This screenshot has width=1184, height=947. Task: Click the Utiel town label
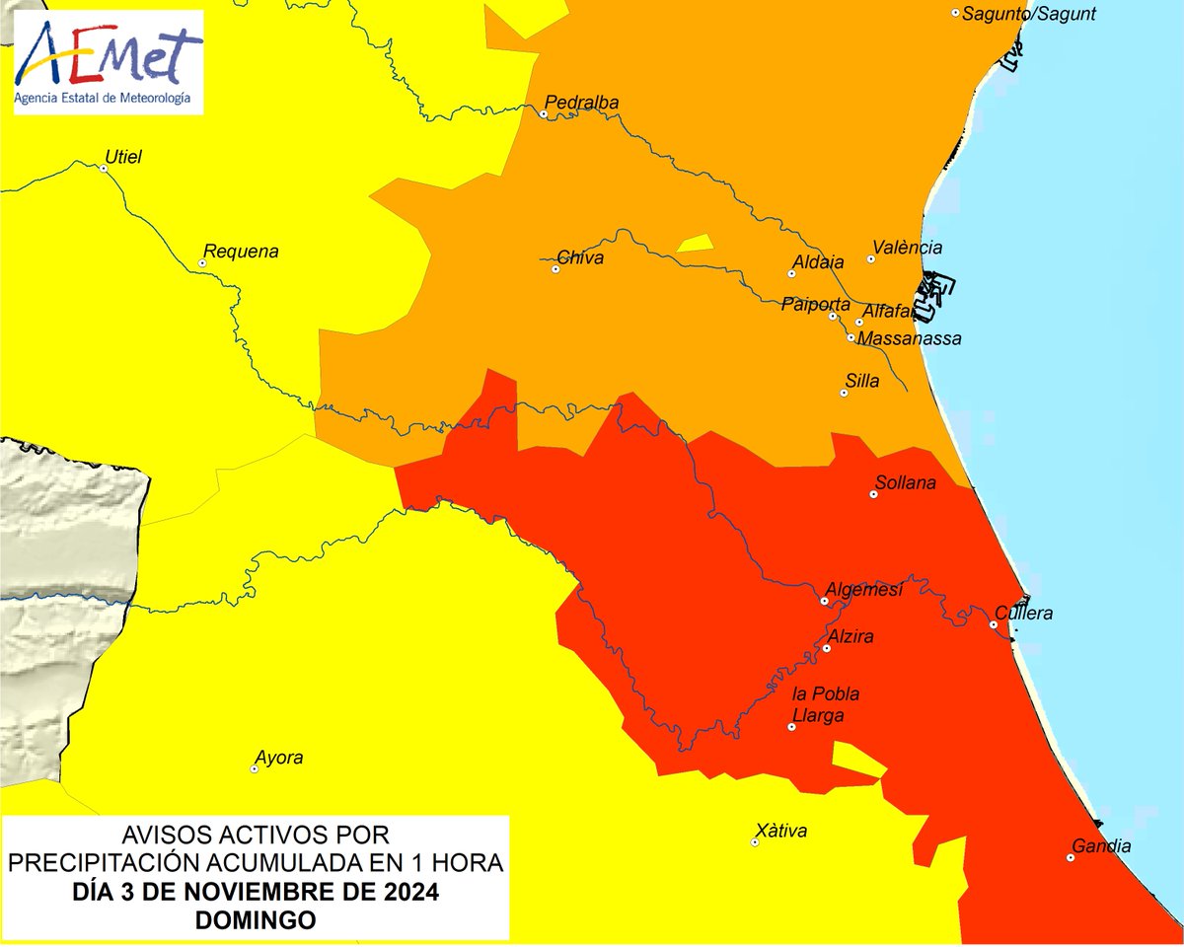tap(124, 156)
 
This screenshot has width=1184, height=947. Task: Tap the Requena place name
tap(240, 252)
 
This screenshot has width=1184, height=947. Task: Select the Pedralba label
tap(582, 103)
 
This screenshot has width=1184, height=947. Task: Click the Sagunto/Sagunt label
tap(1028, 14)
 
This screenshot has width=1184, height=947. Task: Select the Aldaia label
tap(818, 263)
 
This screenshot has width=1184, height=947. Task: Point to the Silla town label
tap(862, 381)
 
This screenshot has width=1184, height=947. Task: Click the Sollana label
tap(905, 483)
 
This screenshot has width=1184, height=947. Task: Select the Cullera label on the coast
tap(1024, 613)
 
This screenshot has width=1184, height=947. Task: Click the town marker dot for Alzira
tap(827, 648)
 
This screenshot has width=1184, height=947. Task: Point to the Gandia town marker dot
tap(1071, 857)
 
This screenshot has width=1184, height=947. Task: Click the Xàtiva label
tap(780, 831)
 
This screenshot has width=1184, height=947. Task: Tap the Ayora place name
tap(278, 759)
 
